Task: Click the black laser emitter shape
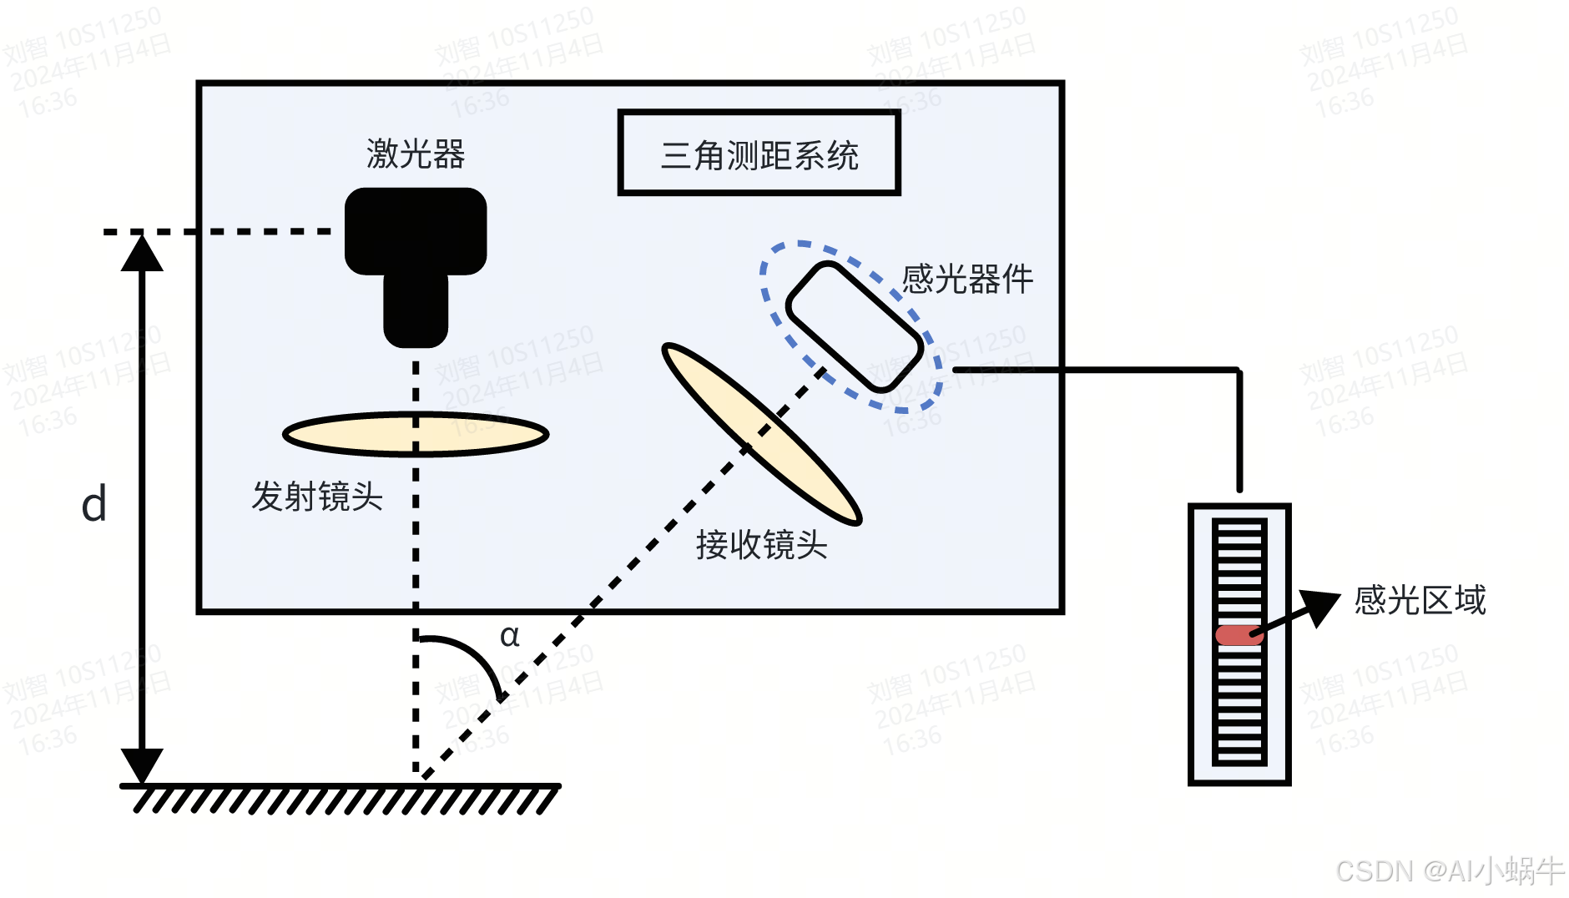[x=416, y=242]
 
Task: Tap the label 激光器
[x=416, y=154]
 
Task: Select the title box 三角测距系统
[x=759, y=154]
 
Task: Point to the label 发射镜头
[x=317, y=497]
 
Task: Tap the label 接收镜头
[x=761, y=545]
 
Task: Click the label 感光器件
[x=967, y=279]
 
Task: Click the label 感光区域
[x=1420, y=600]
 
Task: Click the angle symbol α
[x=509, y=636]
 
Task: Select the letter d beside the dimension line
[x=94, y=504]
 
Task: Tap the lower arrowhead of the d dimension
[x=142, y=764]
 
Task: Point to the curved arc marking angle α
[x=476, y=655]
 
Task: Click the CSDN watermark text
[x=1449, y=871]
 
